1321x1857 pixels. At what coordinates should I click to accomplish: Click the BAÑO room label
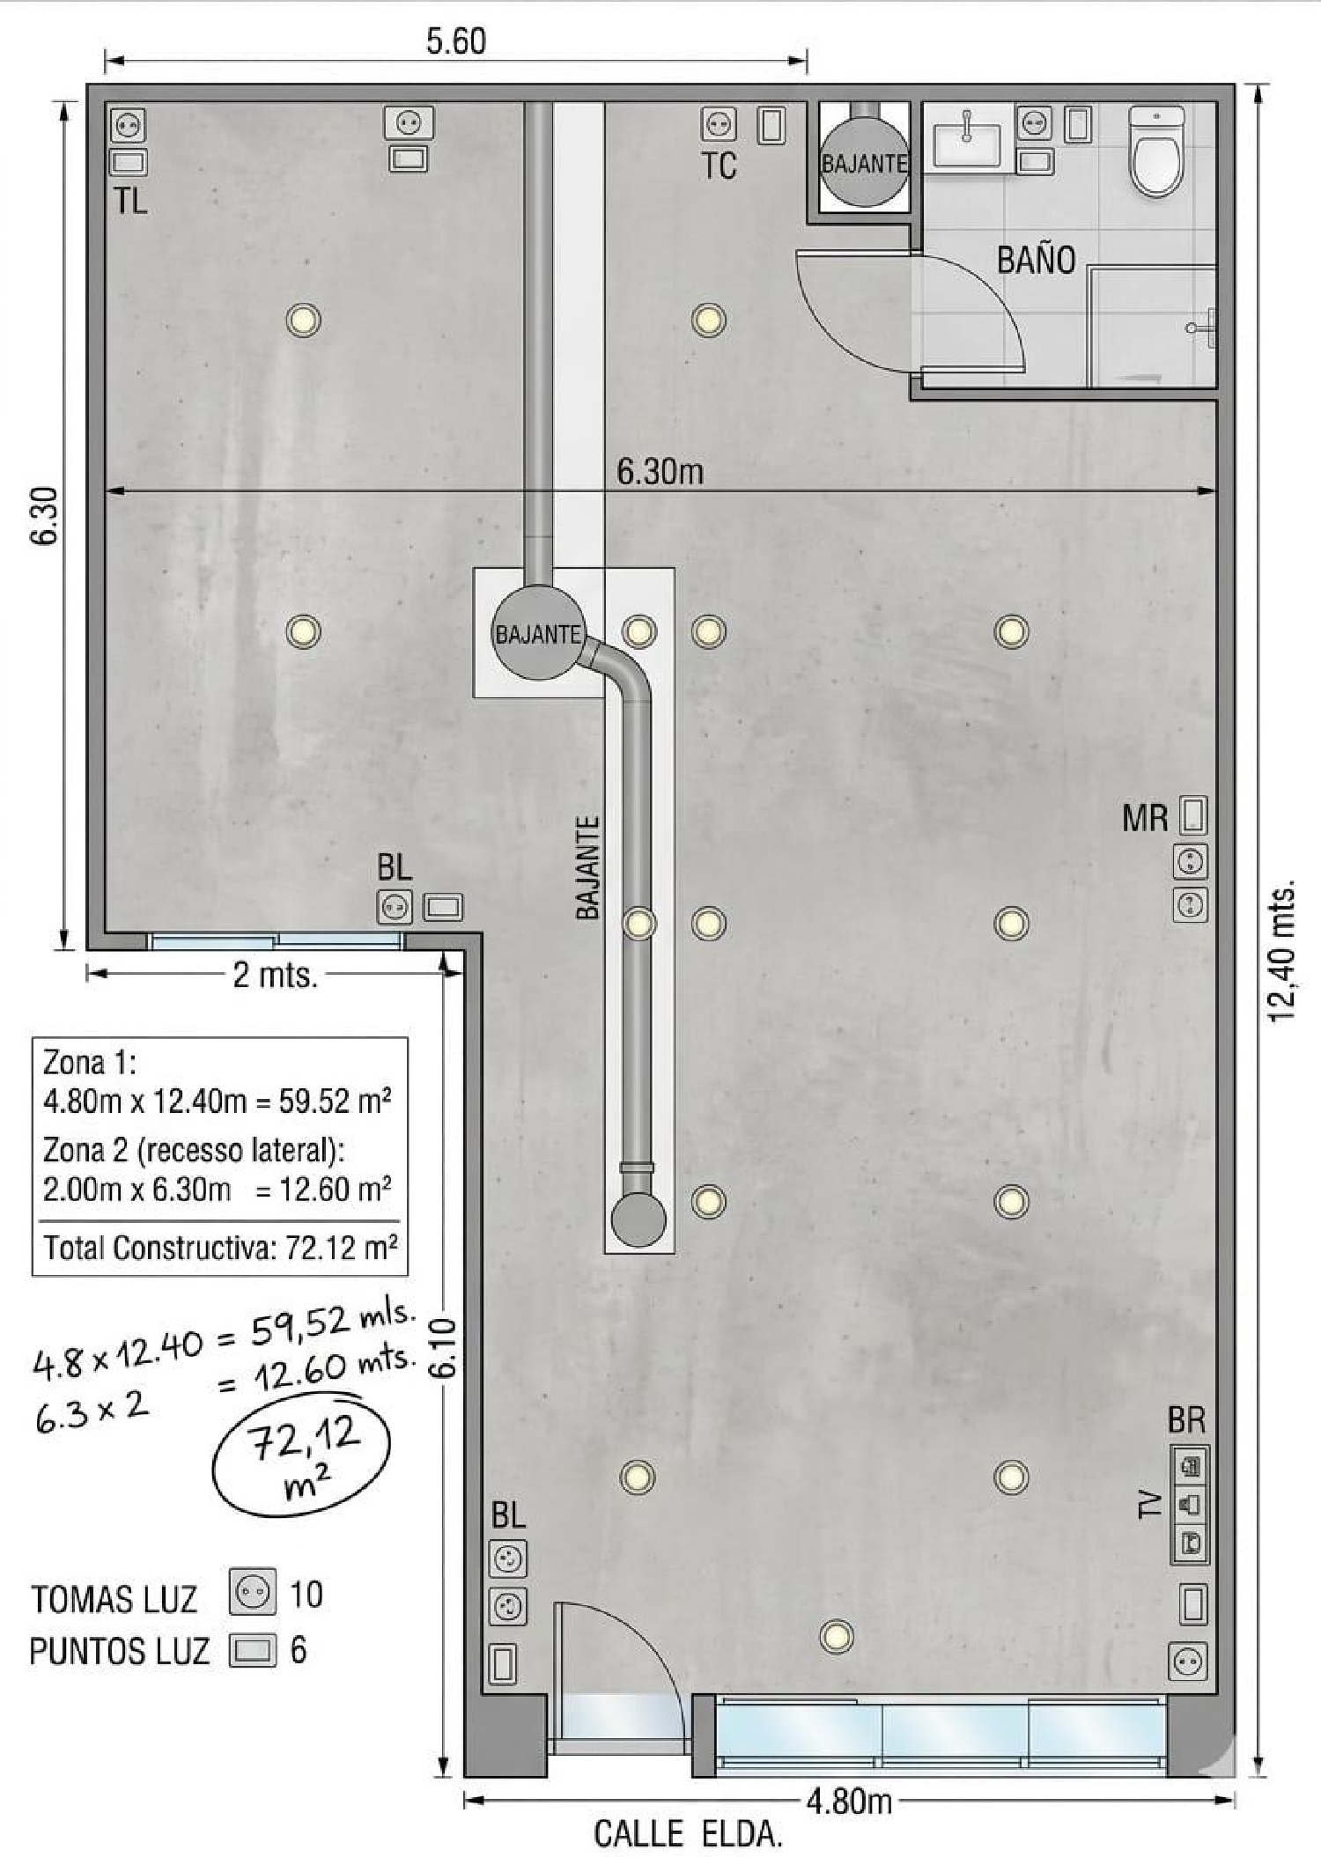click(1036, 261)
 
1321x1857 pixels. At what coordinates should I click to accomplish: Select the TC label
click(719, 166)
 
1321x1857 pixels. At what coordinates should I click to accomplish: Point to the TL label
click(129, 202)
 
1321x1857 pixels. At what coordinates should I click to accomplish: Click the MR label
click(1144, 819)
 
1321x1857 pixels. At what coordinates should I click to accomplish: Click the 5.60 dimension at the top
click(456, 41)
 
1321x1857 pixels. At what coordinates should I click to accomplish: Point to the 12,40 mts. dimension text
click(1283, 949)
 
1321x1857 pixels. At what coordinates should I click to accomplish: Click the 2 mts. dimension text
click(275, 975)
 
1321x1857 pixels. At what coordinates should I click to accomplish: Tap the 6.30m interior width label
click(660, 473)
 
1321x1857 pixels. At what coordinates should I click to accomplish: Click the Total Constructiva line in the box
click(220, 1248)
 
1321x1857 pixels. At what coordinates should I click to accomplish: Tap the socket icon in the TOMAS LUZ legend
click(252, 1592)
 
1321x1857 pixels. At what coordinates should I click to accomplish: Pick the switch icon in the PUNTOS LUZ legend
click(252, 1650)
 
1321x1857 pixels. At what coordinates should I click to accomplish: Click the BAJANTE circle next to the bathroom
click(864, 164)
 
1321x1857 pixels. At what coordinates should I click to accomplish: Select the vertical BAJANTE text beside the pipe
click(587, 868)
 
